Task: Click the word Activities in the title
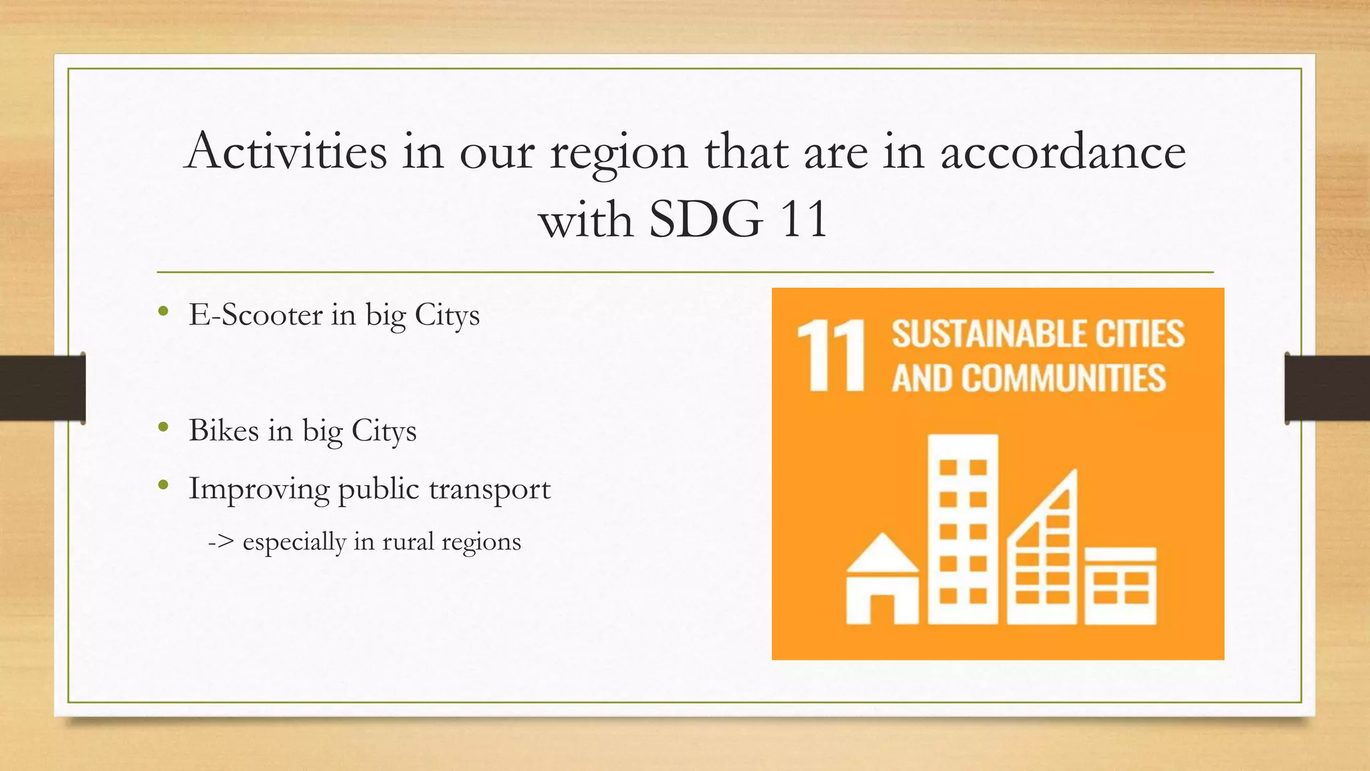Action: tap(286, 151)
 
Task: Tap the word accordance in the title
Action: tap(1063, 151)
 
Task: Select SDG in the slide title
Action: tap(705, 219)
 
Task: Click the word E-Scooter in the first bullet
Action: tap(256, 315)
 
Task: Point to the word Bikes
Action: tap(223, 430)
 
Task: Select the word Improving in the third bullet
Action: tap(258, 489)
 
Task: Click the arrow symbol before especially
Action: tap(220, 541)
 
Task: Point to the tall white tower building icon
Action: tap(963, 529)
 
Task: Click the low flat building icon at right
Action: tap(1120, 586)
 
